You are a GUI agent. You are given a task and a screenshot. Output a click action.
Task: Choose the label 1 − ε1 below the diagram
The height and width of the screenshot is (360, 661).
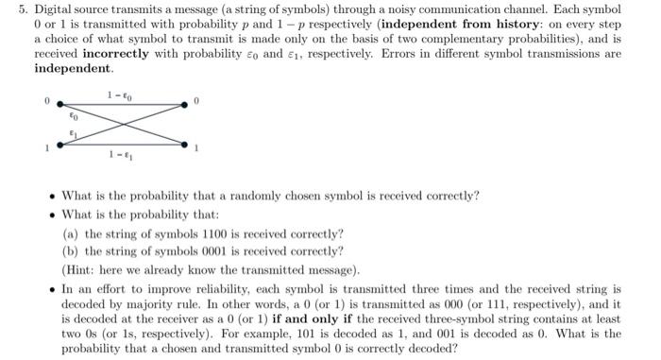[117, 156]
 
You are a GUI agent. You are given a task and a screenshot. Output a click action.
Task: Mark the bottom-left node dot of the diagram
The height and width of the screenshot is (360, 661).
[59, 144]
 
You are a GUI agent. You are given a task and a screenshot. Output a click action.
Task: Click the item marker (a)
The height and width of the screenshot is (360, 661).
[70, 232]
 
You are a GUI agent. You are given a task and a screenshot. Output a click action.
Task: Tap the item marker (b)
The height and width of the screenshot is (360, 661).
[70, 251]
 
